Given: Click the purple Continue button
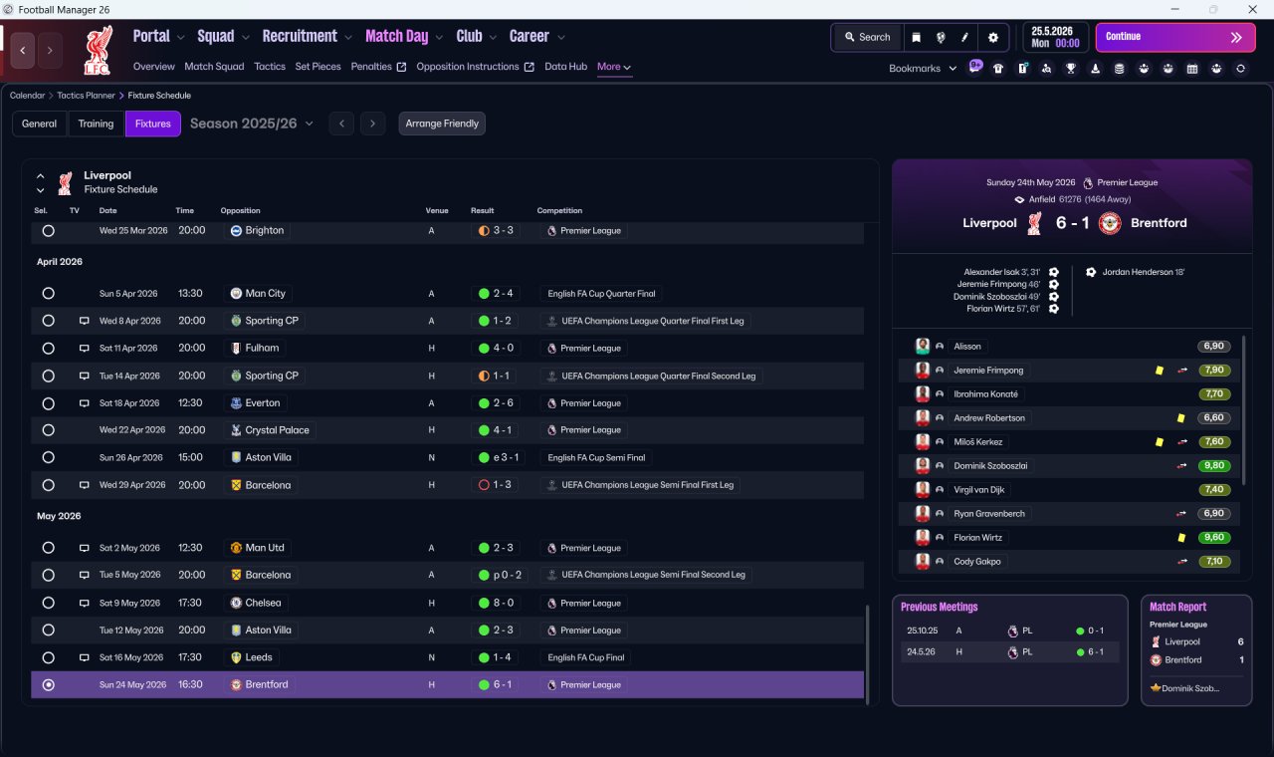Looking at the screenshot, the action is coord(1175,37).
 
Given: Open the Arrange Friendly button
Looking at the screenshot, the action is coord(442,124).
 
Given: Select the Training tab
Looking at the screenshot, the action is coord(96,124).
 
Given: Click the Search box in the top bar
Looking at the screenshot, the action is coord(867,38).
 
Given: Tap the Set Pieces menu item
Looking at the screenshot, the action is coord(318,67).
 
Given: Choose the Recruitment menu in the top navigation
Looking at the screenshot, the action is coord(300,37).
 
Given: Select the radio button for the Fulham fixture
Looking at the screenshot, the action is coord(49,349).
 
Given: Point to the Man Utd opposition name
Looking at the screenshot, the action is coord(265,548).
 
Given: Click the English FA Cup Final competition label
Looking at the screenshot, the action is coord(586,657).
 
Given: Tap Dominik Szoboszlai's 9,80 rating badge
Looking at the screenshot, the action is coord(1214,465).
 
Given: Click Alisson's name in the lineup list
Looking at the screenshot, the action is coord(966,346).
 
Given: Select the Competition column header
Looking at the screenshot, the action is coord(559,210).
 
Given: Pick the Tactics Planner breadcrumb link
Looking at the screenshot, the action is coord(86,96).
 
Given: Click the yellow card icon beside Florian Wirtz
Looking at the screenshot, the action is coord(1181,537).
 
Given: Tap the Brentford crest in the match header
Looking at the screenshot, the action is coord(1110,223).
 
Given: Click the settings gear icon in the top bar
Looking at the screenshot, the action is coord(993,38).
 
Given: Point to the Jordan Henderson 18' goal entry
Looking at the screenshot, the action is coord(1143,272).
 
